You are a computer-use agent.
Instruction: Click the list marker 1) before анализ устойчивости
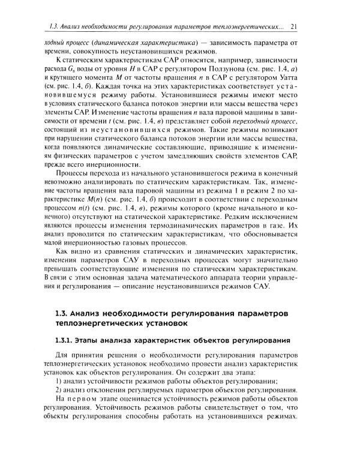click(58, 382)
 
